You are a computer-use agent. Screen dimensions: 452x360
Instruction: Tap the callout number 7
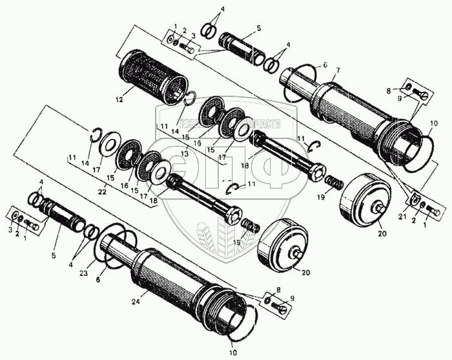pos(337,70)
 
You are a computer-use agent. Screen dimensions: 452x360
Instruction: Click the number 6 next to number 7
pos(325,66)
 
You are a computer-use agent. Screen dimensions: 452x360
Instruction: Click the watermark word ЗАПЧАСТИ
pos(258,123)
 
